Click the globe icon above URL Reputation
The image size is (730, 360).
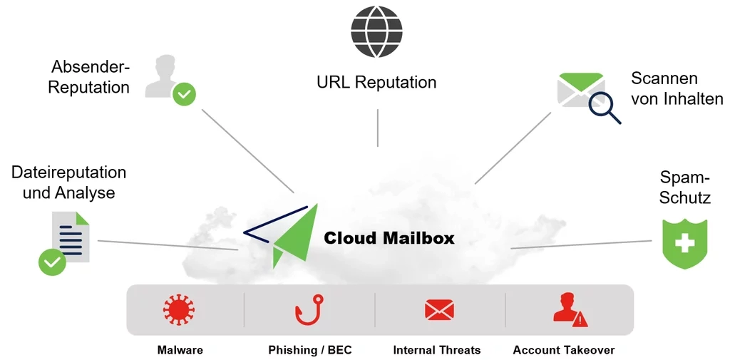coord(376,31)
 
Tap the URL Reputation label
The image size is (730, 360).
coord(376,82)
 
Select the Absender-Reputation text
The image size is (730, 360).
coord(89,77)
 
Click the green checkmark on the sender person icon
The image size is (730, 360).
coord(185,93)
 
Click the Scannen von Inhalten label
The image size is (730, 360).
coord(677,88)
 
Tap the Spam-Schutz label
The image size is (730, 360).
coord(684,187)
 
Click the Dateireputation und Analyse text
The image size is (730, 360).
coord(68,182)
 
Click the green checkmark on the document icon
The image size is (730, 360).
coord(52,262)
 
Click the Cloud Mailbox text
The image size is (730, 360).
coord(389,238)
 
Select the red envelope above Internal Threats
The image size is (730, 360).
coord(439,309)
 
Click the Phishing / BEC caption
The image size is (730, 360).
coord(309,350)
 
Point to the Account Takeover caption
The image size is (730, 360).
coord(563,350)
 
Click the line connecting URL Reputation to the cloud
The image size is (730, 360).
coord(377,128)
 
